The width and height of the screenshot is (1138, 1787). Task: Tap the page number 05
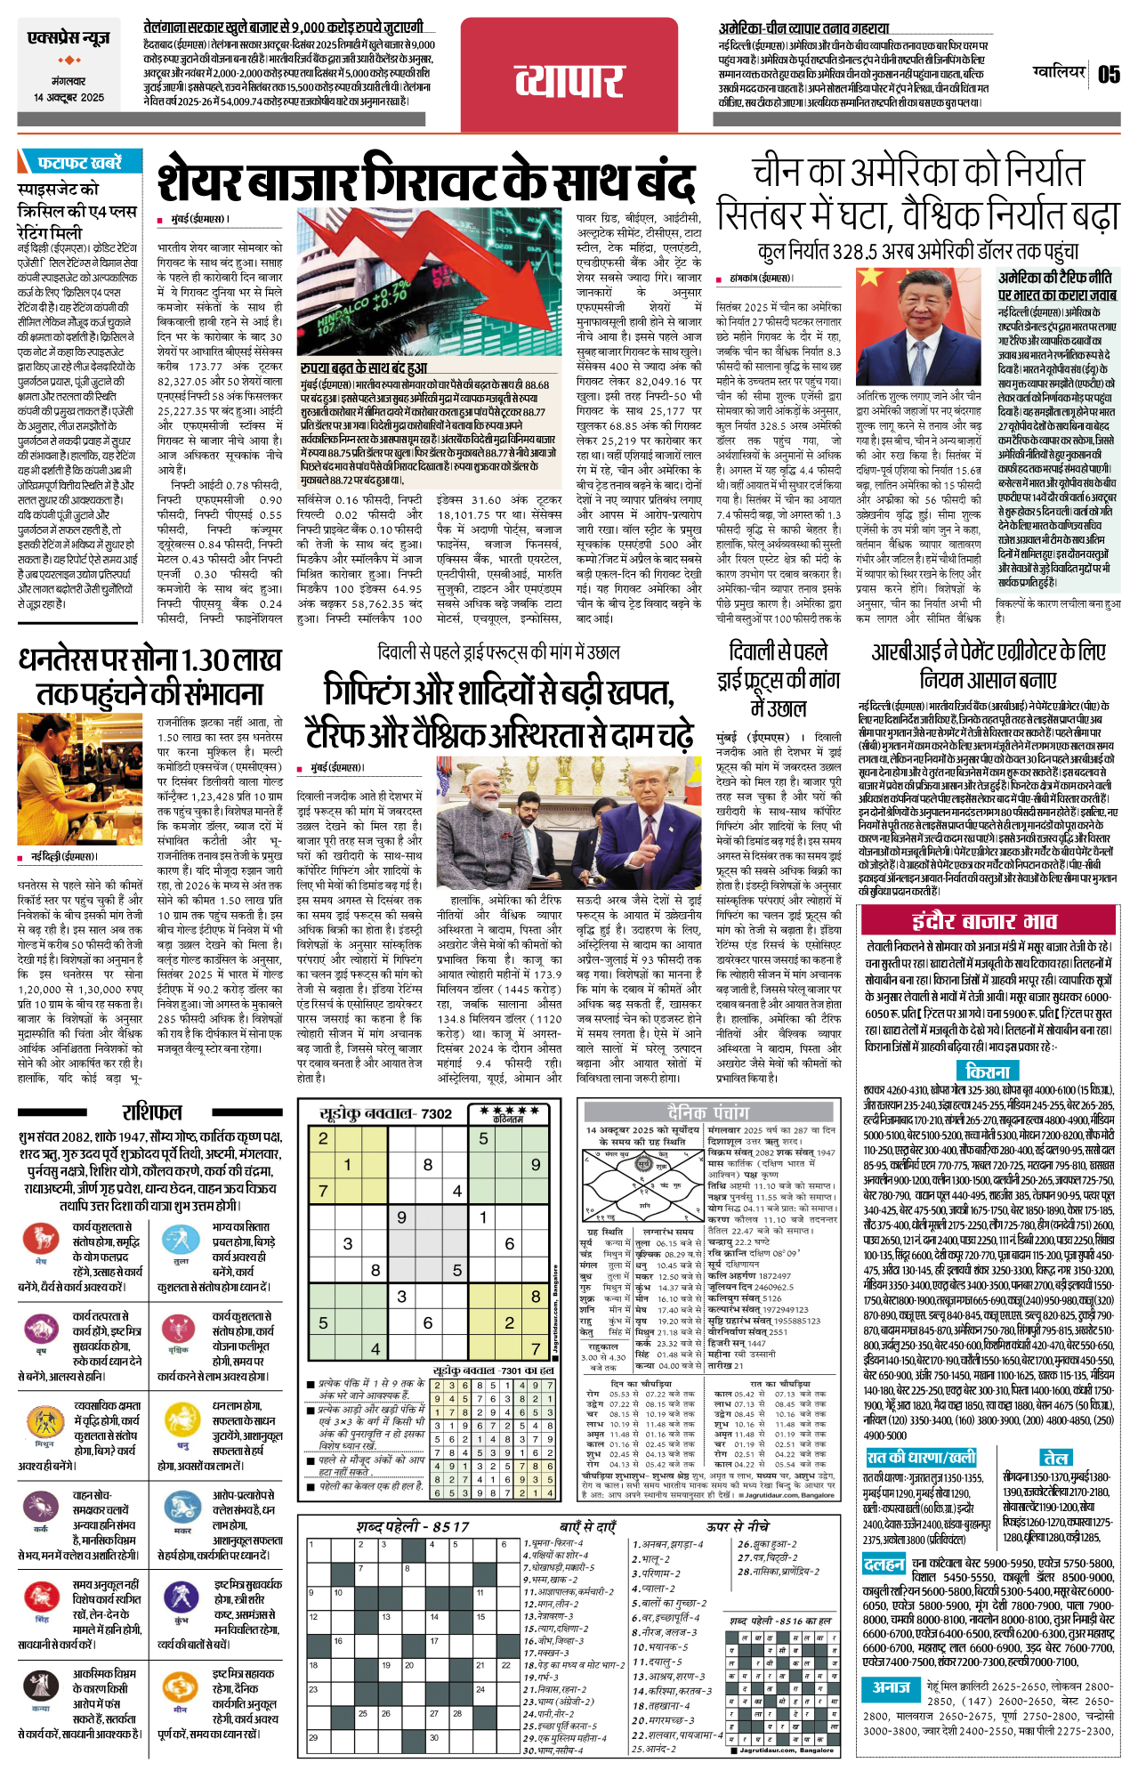pyautogui.click(x=1108, y=74)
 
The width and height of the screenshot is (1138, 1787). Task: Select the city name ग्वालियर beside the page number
pyautogui.click(x=1059, y=71)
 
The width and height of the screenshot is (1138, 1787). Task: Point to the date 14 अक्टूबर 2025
pyautogui.click(x=69, y=98)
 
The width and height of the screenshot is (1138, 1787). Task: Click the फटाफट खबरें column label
pyautogui.click(x=78, y=163)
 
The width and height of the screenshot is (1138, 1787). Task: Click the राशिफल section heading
pyautogui.click(x=152, y=1112)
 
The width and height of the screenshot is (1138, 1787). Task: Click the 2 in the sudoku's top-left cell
pyautogui.click(x=323, y=1138)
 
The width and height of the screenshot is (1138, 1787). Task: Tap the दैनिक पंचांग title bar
pyautogui.click(x=708, y=1112)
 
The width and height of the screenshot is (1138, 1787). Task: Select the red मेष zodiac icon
pyautogui.click(x=41, y=1237)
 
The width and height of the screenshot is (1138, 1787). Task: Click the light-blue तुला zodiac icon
pyautogui.click(x=182, y=1237)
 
